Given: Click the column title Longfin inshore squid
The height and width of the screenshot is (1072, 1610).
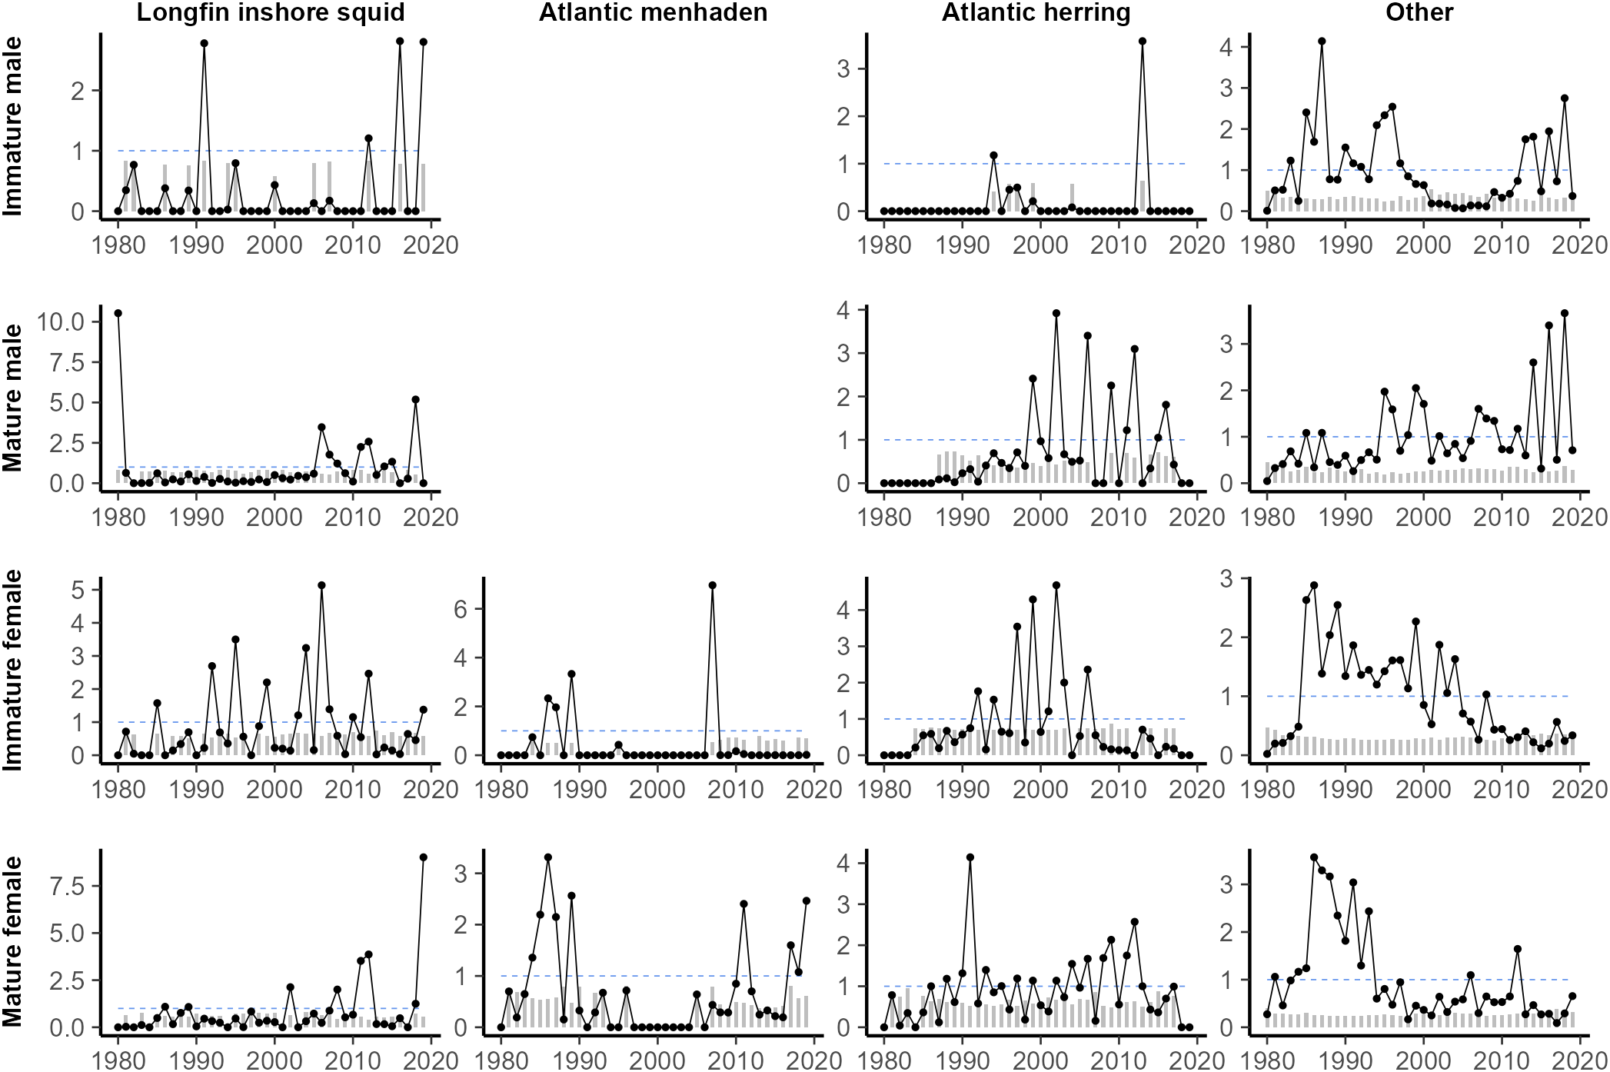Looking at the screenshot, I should point(271,12).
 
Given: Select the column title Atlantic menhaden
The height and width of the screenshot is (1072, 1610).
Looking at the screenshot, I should point(653,12).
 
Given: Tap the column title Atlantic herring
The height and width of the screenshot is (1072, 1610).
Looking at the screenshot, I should point(1036,12).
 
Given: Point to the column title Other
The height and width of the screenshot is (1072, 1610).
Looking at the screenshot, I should point(1419,12).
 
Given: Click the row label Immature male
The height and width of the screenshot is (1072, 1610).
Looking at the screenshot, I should point(14,126).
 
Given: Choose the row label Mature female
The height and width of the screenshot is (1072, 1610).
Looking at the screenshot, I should point(14,943).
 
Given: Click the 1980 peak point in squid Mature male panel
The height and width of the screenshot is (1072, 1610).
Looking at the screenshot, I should point(118,313).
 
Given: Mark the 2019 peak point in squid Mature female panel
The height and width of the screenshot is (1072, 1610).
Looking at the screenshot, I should point(424,857).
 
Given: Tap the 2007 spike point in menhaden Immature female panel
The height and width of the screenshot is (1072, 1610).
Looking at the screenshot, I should point(713,585).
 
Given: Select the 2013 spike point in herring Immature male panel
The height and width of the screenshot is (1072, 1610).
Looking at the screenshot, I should point(1143,42).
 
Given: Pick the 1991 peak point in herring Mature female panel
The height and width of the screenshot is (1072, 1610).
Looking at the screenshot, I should point(970,857).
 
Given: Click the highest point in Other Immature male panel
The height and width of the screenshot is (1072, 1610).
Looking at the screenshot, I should point(1322,42).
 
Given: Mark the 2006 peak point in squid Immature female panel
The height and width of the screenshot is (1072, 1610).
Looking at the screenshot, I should point(321,585).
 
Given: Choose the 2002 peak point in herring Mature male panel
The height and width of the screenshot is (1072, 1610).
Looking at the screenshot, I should point(1056,313).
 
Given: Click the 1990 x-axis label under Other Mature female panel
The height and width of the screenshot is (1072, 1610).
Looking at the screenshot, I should point(1346,1060).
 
